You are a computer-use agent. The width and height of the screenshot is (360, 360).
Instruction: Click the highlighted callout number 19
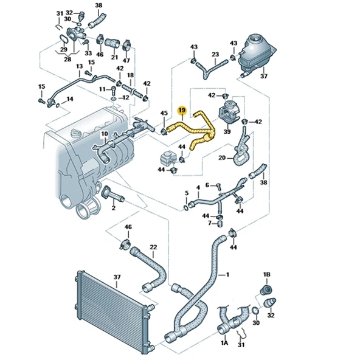(x=182, y=111)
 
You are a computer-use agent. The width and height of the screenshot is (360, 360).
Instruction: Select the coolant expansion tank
(x=257, y=53)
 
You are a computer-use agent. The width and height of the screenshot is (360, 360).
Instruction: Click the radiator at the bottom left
(x=112, y=311)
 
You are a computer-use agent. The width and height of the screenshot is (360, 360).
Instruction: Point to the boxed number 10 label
(x=105, y=134)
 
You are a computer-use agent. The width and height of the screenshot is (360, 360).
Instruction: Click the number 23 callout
(x=215, y=55)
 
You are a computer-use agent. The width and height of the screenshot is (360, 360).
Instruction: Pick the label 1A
(x=224, y=343)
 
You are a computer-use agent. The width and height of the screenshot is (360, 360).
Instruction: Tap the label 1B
(x=266, y=274)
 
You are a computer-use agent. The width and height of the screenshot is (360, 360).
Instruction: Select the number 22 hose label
(x=153, y=247)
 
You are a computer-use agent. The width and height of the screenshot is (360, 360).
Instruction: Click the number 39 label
(x=227, y=131)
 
